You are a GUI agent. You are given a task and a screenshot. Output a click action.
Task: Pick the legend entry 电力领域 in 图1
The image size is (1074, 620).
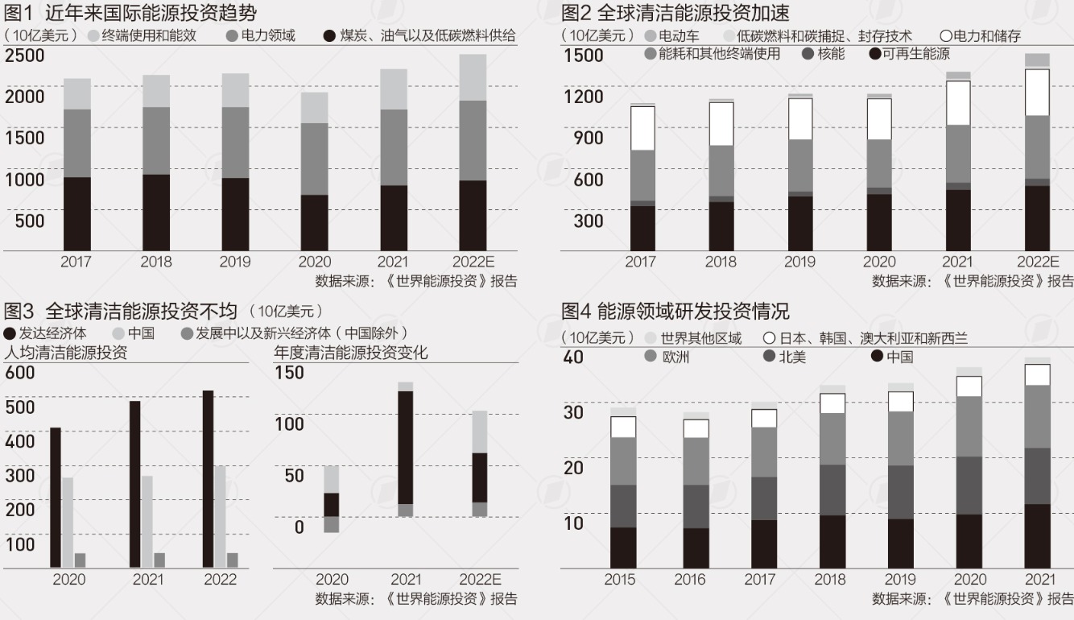261,35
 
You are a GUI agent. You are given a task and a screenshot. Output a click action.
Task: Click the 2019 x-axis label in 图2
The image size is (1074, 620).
799,262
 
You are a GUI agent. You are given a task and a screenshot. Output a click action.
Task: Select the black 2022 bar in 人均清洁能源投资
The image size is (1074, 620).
208,479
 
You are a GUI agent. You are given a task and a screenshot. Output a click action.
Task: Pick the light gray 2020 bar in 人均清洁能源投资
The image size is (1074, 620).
68,523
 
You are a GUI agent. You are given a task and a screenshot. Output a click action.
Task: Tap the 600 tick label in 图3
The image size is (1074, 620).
20,372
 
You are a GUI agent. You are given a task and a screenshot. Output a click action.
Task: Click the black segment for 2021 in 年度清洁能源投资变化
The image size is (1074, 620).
406,448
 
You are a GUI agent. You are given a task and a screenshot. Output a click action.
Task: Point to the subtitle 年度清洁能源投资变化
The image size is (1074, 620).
350,353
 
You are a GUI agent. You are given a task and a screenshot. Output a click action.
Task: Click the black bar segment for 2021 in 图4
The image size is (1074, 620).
1038,535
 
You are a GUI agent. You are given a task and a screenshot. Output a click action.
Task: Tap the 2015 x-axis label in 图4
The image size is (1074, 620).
620,580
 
